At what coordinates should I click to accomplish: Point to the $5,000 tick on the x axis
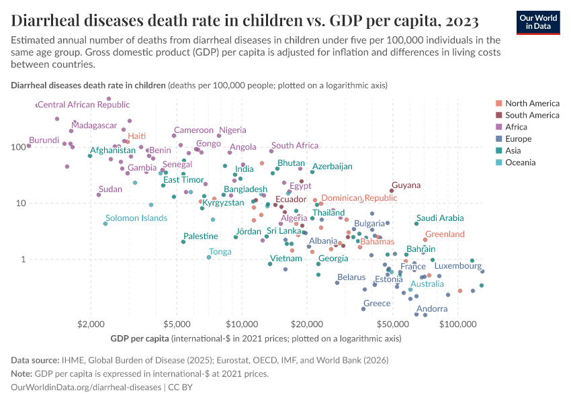point(176,324)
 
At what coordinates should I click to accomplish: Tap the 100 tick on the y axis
point(17,146)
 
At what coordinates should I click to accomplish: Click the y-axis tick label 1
point(22,259)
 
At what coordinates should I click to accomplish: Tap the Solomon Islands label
point(136,218)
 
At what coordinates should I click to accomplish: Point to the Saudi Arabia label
point(439,218)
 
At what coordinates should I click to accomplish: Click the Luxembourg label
point(457,266)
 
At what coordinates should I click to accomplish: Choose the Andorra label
point(432,309)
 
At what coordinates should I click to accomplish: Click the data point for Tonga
point(209,257)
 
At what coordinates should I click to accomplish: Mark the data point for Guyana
point(392,191)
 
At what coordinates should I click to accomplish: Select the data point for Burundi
point(29,146)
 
